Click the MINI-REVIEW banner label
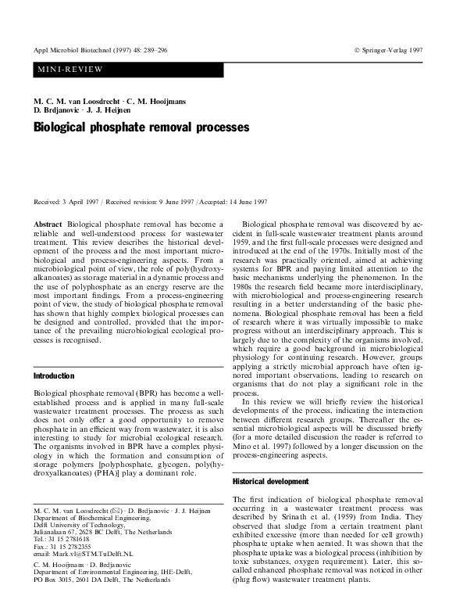[x=69, y=70]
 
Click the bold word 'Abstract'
[x=48, y=224]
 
